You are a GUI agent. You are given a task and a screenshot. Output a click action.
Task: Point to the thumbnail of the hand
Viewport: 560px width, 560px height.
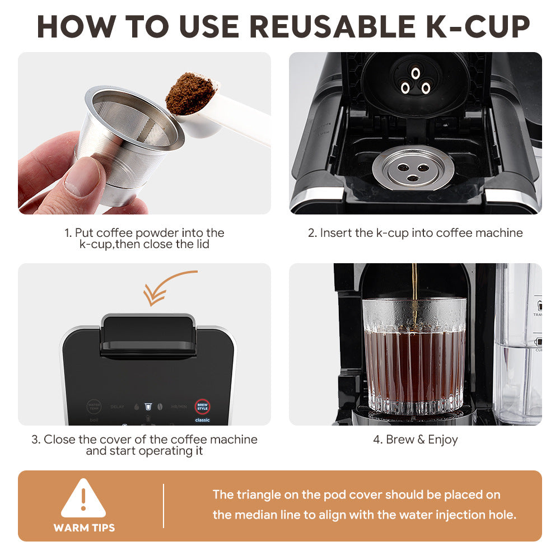(x=82, y=178)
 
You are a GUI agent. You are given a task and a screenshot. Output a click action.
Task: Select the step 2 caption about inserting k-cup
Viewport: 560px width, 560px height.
(x=415, y=232)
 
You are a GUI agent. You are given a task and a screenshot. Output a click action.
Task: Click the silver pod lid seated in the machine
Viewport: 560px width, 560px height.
(x=413, y=167)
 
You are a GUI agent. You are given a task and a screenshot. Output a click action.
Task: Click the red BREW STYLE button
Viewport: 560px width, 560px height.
(x=202, y=405)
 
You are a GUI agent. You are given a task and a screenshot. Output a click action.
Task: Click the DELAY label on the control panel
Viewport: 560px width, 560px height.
(x=118, y=407)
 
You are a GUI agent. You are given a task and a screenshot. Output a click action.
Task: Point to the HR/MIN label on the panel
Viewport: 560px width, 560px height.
(x=179, y=407)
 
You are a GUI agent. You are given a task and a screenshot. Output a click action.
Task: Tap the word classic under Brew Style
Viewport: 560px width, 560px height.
(x=202, y=419)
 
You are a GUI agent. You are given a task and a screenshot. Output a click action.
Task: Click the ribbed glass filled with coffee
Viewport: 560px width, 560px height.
(x=414, y=358)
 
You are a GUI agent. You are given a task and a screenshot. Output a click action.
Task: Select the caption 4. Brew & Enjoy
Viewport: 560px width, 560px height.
(x=415, y=440)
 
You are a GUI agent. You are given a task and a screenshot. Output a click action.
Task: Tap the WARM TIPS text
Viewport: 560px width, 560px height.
(x=84, y=528)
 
